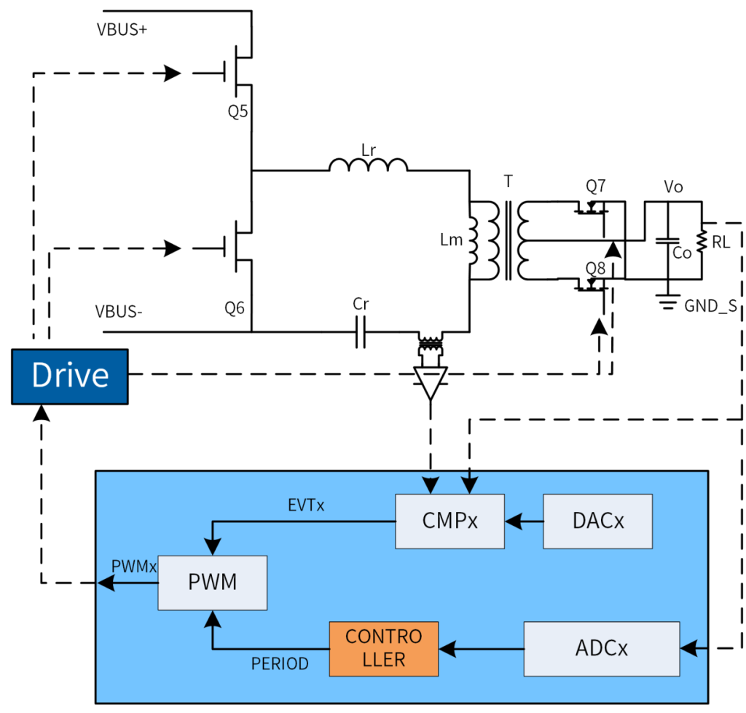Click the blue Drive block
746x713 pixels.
(x=70, y=377)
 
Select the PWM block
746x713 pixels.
(x=213, y=582)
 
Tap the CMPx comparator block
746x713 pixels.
(x=450, y=521)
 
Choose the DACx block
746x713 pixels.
(x=597, y=521)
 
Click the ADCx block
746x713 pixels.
(x=601, y=647)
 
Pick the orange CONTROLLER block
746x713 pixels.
(x=383, y=647)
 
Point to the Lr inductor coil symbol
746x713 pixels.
(x=368, y=166)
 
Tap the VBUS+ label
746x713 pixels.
(x=122, y=31)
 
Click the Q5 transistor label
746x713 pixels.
(x=237, y=112)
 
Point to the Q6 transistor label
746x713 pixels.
(x=234, y=308)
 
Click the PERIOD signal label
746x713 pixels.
(x=280, y=663)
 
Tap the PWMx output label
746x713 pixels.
(x=134, y=566)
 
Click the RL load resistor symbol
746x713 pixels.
(x=702, y=240)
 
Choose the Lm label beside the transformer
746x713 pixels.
(x=452, y=240)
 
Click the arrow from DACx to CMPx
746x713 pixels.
(x=524, y=521)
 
